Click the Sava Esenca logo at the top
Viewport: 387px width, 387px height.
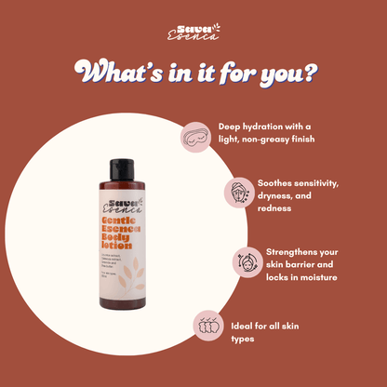pos(193,33)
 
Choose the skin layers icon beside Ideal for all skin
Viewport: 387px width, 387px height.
pos(209,327)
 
